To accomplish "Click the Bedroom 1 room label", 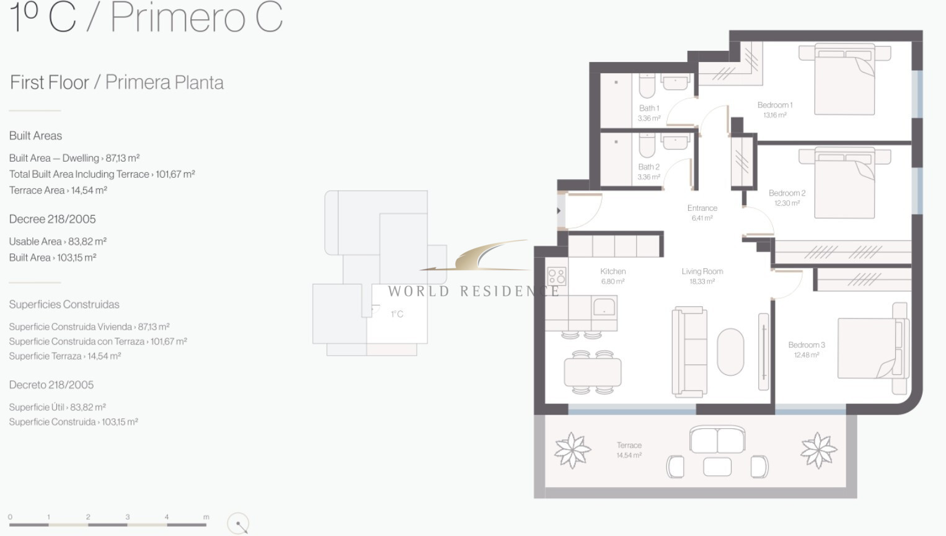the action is pos(775,105).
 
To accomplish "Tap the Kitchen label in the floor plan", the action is pos(612,271).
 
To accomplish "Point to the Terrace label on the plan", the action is pos(629,446).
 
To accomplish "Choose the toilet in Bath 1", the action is pos(647,86).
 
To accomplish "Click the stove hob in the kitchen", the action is pos(557,276).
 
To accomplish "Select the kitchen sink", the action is pos(604,307).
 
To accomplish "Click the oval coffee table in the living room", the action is pos(731,351).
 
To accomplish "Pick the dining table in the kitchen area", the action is pos(593,372).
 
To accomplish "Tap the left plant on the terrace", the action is pos(572,450).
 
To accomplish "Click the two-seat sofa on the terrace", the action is pos(717,439).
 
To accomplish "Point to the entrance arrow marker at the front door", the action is pos(559,211).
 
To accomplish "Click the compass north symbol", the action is pos(238,524).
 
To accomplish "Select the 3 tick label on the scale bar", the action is pos(127,517).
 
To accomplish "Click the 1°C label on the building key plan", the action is pos(397,314).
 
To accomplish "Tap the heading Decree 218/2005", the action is pos(52,219).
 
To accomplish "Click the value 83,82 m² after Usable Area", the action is pos(87,242).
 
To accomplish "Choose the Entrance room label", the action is pos(702,208).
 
